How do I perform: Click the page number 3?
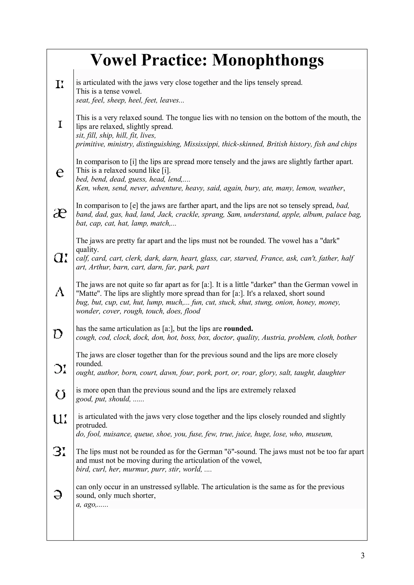(362, 556)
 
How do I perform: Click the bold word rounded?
(238, 329)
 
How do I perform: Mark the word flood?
(192, 311)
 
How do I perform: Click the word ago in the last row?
(89, 504)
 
